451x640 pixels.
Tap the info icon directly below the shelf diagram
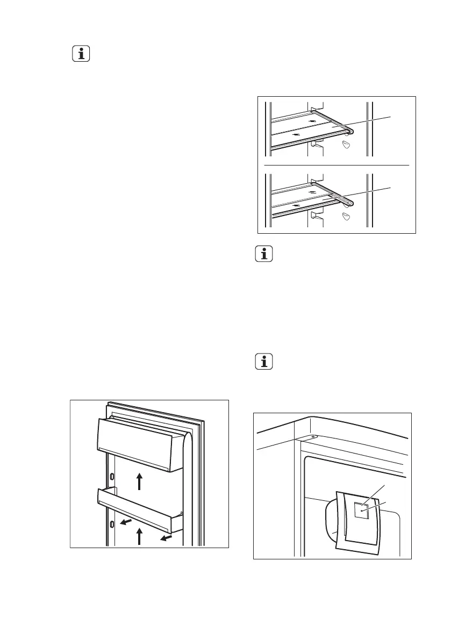point(264,255)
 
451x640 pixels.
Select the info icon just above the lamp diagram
point(264,363)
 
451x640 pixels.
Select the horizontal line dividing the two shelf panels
point(337,164)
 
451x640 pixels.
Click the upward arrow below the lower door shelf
point(139,536)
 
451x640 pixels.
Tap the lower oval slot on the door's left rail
point(112,524)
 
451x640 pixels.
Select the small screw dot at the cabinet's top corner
point(312,437)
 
